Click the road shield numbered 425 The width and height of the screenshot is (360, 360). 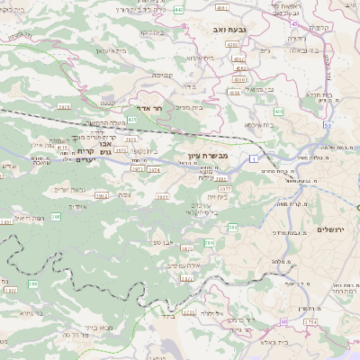point(132,119)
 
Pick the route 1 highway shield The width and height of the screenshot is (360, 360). point(254,159)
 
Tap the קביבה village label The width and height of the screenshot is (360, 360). point(163,75)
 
